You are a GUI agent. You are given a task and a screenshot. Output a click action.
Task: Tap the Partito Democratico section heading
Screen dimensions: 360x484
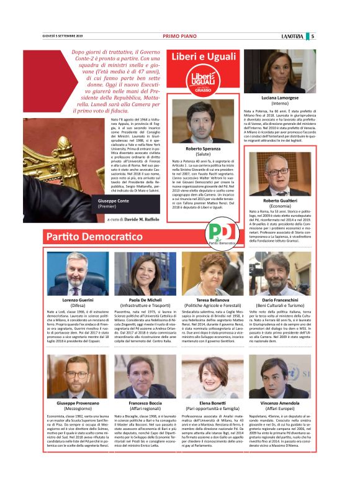pyautogui.click(x=93, y=237)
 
